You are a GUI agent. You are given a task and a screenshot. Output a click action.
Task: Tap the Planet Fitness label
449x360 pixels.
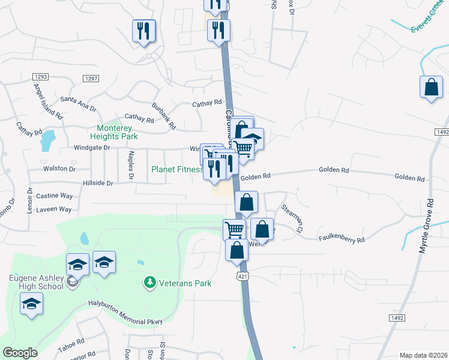click(x=176, y=169)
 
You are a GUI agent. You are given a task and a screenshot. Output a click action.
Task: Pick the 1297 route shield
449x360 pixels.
click(x=91, y=79)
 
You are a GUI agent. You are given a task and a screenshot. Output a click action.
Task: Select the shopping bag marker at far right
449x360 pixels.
click(x=432, y=88)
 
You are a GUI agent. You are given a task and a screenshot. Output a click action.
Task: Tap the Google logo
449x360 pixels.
click(x=20, y=353)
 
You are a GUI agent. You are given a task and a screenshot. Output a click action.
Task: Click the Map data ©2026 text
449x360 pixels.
click(x=423, y=355)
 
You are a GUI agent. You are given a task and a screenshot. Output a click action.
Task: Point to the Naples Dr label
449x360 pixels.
click(x=130, y=165)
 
